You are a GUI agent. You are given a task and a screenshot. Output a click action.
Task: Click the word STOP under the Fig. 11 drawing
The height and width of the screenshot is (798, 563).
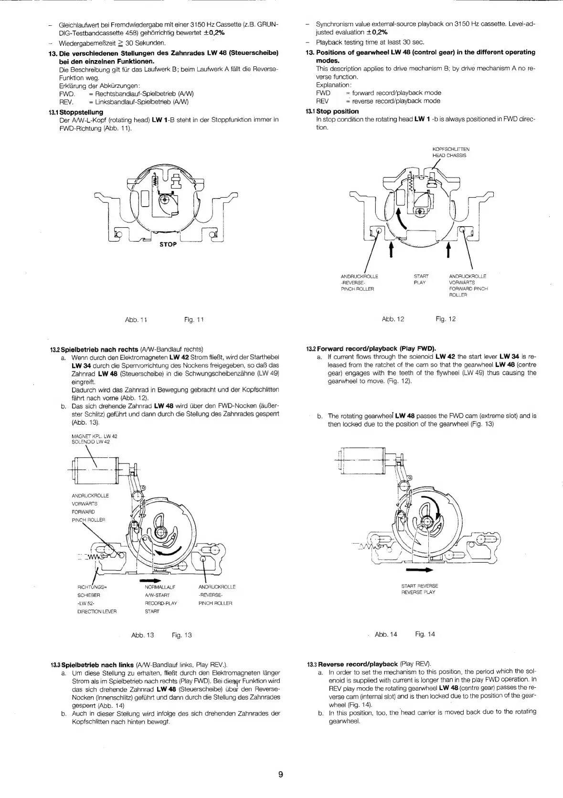tap(168, 244)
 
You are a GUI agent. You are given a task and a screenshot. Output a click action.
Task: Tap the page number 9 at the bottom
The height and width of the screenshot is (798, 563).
tap(281, 774)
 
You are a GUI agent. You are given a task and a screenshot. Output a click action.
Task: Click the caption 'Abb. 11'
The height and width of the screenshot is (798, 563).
tap(136, 319)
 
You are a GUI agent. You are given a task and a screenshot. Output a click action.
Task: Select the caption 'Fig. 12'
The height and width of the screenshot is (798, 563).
tap(446, 319)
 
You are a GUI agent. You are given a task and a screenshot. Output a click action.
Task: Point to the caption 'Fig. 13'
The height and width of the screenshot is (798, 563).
tap(181, 635)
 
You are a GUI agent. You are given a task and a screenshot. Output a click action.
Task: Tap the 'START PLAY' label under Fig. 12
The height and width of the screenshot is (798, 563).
tap(421, 279)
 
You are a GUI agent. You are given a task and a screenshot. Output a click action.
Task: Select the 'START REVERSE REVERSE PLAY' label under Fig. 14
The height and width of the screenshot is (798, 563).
tap(420, 589)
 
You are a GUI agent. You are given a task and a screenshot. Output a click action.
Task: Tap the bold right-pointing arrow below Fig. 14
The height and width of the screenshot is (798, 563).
tap(419, 570)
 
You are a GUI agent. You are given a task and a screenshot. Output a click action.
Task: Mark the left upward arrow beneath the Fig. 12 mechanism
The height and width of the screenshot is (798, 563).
tap(392, 249)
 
